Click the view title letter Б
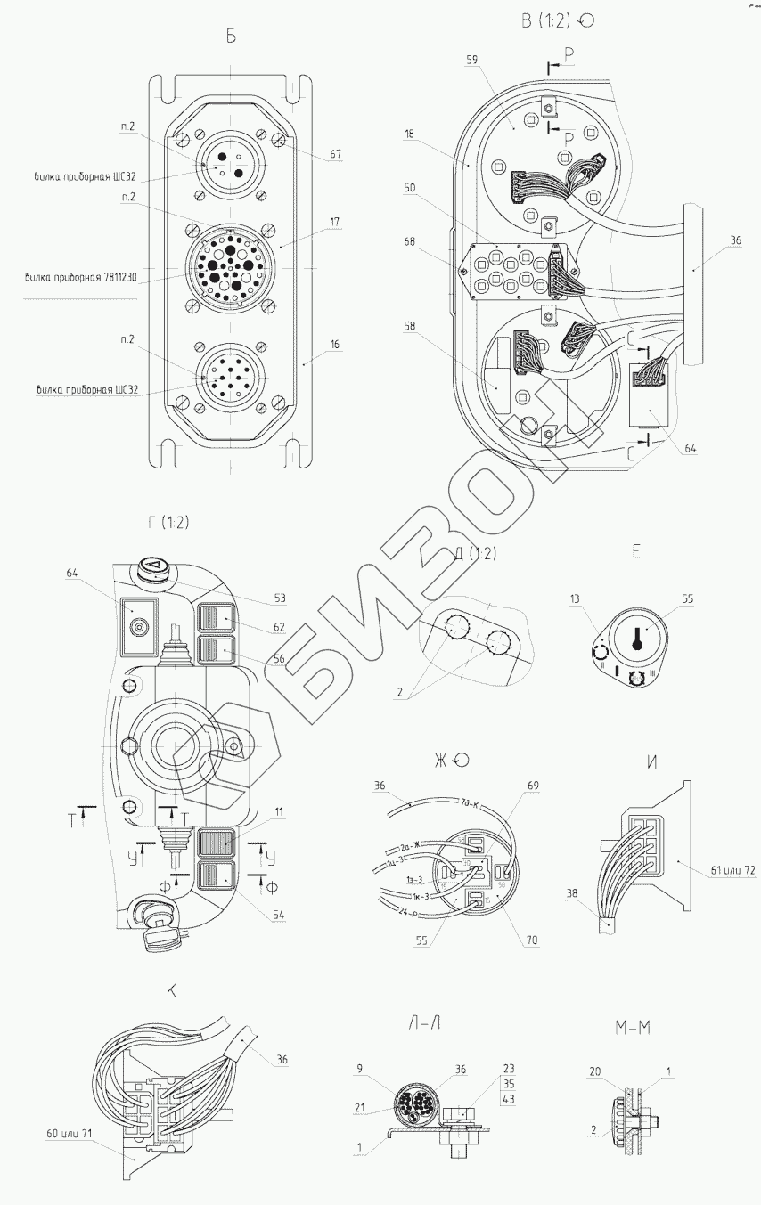(231, 37)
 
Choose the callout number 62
(279, 627)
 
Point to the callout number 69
(534, 786)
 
